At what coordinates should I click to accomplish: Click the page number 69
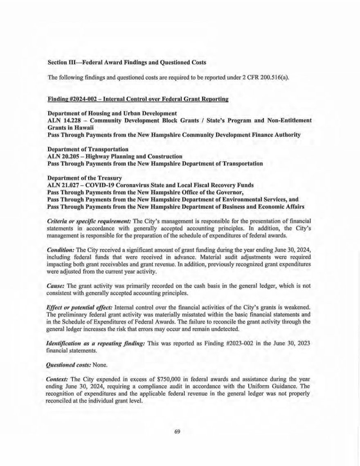point(177,431)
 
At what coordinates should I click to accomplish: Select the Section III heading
point(127,63)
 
